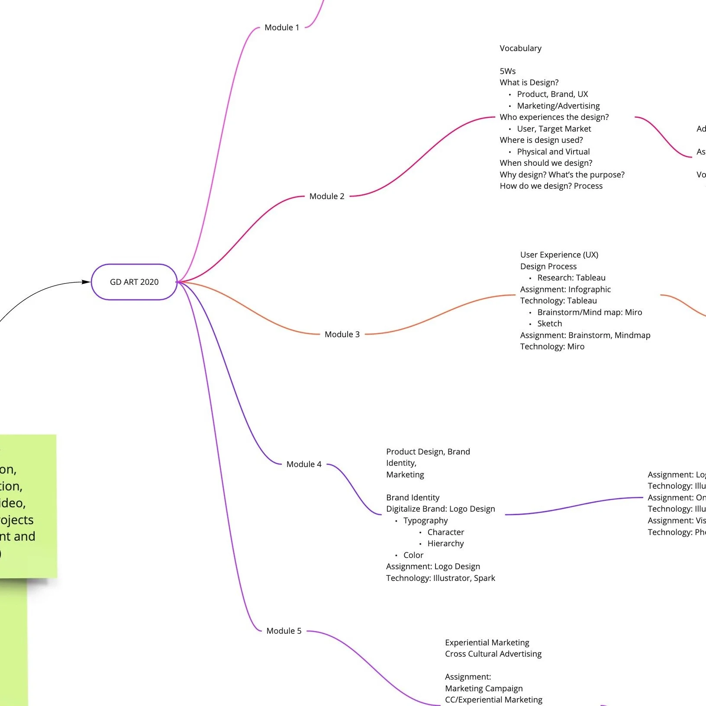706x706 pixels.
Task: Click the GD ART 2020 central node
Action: point(134,282)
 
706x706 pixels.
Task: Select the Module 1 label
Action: point(282,28)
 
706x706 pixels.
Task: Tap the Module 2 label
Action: point(327,197)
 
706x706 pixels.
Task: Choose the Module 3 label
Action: point(342,335)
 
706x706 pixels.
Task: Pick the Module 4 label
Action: point(304,464)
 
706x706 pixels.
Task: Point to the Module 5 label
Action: point(284,631)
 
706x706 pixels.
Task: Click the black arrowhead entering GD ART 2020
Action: point(87,282)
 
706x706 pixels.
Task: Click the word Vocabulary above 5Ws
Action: point(520,48)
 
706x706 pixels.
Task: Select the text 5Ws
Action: point(507,71)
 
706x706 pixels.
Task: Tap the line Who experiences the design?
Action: point(554,117)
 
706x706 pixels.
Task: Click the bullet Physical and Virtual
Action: point(553,152)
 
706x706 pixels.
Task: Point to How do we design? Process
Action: point(551,186)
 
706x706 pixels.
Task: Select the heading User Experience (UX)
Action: point(559,255)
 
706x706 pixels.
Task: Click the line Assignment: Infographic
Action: point(565,290)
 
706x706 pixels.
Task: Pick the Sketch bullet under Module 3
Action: point(549,324)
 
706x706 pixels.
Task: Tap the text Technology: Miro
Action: point(552,347)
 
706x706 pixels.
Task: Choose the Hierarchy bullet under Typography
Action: point(445,544)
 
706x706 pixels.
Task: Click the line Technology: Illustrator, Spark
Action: point(440,578)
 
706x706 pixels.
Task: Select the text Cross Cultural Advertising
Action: point(493,654)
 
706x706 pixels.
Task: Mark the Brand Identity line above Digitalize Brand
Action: point(413,498)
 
